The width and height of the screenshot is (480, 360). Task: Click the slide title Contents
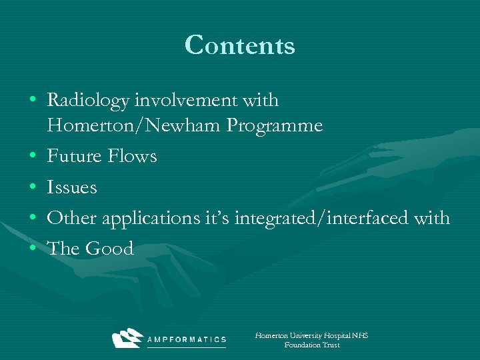click(239, 45)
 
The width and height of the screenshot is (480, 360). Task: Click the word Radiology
click(88, 101)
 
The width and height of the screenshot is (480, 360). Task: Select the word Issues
click(72, 187)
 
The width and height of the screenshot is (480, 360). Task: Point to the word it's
click(219, 218)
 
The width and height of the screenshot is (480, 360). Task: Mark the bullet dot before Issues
click(33, 188)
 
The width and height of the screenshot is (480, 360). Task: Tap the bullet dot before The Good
click(33, 249)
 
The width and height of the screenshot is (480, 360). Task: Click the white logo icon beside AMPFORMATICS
click(127, 338)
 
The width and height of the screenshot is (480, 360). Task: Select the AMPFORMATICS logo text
click(187, 339)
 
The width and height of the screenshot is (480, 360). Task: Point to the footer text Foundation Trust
click(311, 345)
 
